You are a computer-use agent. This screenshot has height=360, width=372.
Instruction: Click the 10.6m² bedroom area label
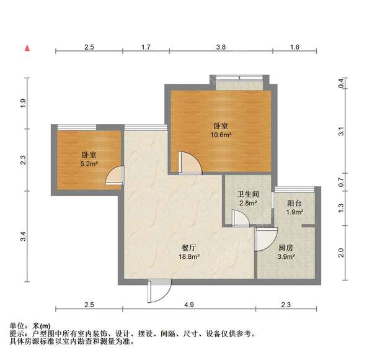pyautogui.click(x=221, y=130)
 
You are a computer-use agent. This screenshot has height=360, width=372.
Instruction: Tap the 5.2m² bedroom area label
pyautogui.click(x=89, y=160)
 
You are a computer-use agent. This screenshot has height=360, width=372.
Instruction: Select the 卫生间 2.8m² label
pyautogui.click(x=247, y=198)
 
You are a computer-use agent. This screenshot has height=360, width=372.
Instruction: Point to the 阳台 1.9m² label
pyautogui.click(x=294, y=207)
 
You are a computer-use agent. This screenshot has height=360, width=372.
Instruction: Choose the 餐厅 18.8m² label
pyautogui.click(x=188, y=250)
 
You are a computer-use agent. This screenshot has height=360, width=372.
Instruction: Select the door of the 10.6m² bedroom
pyautogui.click(x=188, y=163)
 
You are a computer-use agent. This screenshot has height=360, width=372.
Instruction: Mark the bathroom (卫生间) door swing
pyautogui.click(x=239, y=218)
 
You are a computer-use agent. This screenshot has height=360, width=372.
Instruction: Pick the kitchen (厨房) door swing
pyautogui.click(x=265, y=238)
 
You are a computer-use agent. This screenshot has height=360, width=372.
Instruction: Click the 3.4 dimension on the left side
pyautogui.click(x=23, y=236)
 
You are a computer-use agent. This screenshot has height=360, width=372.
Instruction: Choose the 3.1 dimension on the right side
pyautogui.click(x=340, y=132)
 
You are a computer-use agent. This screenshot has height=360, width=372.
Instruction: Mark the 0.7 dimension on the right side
pyautogui.click(x=340, y=183)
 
